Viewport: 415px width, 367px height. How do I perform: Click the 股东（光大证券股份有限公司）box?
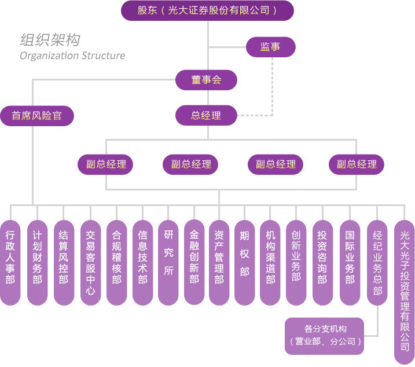coord(207,10)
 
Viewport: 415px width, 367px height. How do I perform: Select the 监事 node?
coord(270,47)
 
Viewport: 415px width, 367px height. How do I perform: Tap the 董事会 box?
coord(207,80)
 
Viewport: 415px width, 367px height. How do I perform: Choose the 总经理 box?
coord(207,115)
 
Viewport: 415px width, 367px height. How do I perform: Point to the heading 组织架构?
coord(50,40)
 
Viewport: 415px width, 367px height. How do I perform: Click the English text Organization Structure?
coord(72,56)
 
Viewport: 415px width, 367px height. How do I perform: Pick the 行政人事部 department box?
coord(10,262)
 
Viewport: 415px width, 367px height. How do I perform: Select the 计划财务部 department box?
coord(37,262)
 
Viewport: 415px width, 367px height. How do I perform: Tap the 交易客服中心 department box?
coord(90,262)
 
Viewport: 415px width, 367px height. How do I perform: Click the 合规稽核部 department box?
coord(116,262)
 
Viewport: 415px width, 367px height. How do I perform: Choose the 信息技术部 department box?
coord(142,262)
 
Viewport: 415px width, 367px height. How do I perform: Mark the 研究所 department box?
coord(168,262)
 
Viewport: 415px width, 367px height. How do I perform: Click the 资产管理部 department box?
coord(219,262)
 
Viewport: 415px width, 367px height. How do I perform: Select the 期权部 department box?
coord(244,262)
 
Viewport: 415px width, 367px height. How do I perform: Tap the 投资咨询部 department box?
coord(322,262)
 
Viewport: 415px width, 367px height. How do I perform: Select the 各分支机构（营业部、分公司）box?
coord(325,336)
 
